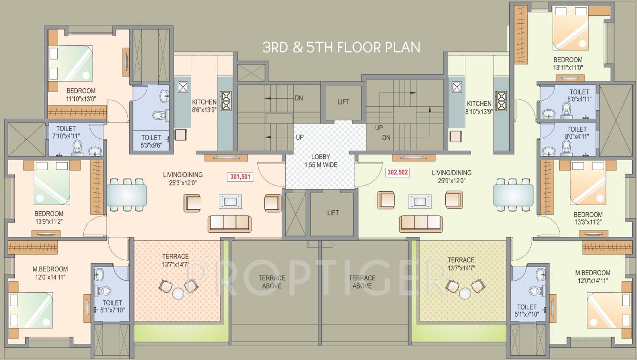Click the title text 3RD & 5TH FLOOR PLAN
[x=341, y=47]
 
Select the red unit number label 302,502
[x=398, y=173]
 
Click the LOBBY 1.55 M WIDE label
[x=320, y=160]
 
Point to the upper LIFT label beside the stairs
[x=343, y=102]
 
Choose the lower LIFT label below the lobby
[x=333, y=212]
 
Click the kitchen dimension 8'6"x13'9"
[x=204, y=110]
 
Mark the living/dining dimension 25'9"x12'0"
[x=451, y=181]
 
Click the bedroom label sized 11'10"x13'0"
[x=81, y=99]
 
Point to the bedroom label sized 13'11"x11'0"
[x=567, y=67]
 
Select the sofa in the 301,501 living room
[x=229, y=223]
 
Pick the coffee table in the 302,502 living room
[x=420, y=201]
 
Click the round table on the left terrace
[x=178, y=293]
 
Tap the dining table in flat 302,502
[x=513, y=195]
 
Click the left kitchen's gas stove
[x=225, y=101]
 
